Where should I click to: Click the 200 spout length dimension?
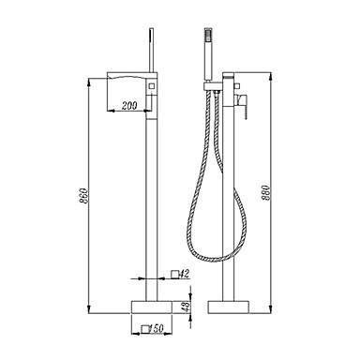point(129,106)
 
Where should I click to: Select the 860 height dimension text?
point(83,196)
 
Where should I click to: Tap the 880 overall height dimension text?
point(265,193)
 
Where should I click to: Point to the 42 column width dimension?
point(185,274)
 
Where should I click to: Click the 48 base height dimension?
point(186,307)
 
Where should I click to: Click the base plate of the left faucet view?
point(152,307)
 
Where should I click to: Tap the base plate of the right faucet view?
point(229,307)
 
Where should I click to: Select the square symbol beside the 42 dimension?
point(175,275)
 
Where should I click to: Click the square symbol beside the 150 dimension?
point(145,329)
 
